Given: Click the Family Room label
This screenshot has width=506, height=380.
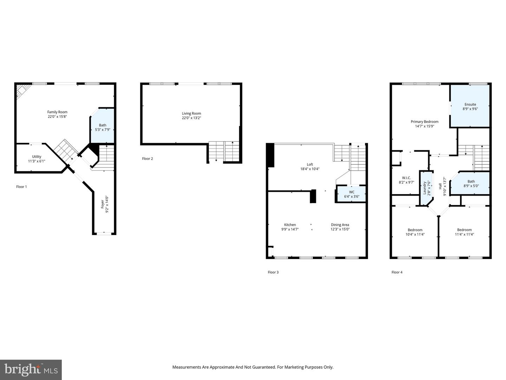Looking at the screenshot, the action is [x=57, y=112].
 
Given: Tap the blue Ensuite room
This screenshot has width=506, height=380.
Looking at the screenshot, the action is [x=470, y=106].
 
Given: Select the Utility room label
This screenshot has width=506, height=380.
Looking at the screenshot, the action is [x=37, y=157].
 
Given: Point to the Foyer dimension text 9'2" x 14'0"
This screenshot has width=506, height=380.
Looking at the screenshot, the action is [x=107, y=204].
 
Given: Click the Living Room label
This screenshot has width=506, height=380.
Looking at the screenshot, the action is [x=192, y=114].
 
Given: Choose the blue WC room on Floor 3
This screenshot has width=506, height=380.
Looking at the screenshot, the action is [x=351, y=194].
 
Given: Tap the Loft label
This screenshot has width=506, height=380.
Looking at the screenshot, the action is [x=310, y=165].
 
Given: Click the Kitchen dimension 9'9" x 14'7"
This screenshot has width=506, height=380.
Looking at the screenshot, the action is [x=290, y=229].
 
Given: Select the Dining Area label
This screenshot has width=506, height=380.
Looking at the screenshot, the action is [x=340, y=225].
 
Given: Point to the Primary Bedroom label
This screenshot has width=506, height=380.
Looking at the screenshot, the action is [x=424, y=122].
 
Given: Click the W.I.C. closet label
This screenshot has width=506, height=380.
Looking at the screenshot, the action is [x=407, y=178].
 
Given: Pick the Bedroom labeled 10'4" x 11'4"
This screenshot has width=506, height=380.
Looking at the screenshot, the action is [x=415, y=232].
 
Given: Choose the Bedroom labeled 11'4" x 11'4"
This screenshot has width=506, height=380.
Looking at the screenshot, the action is [x=464, y=232].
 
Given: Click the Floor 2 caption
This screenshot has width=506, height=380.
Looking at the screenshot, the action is [x=148, y=159].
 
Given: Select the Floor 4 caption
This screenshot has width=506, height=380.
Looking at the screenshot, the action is [x=397, y=272].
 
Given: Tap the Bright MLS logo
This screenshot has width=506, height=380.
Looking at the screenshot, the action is [x=31, y=370].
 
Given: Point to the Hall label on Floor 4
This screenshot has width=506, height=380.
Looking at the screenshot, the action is [x=440, y=186].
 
